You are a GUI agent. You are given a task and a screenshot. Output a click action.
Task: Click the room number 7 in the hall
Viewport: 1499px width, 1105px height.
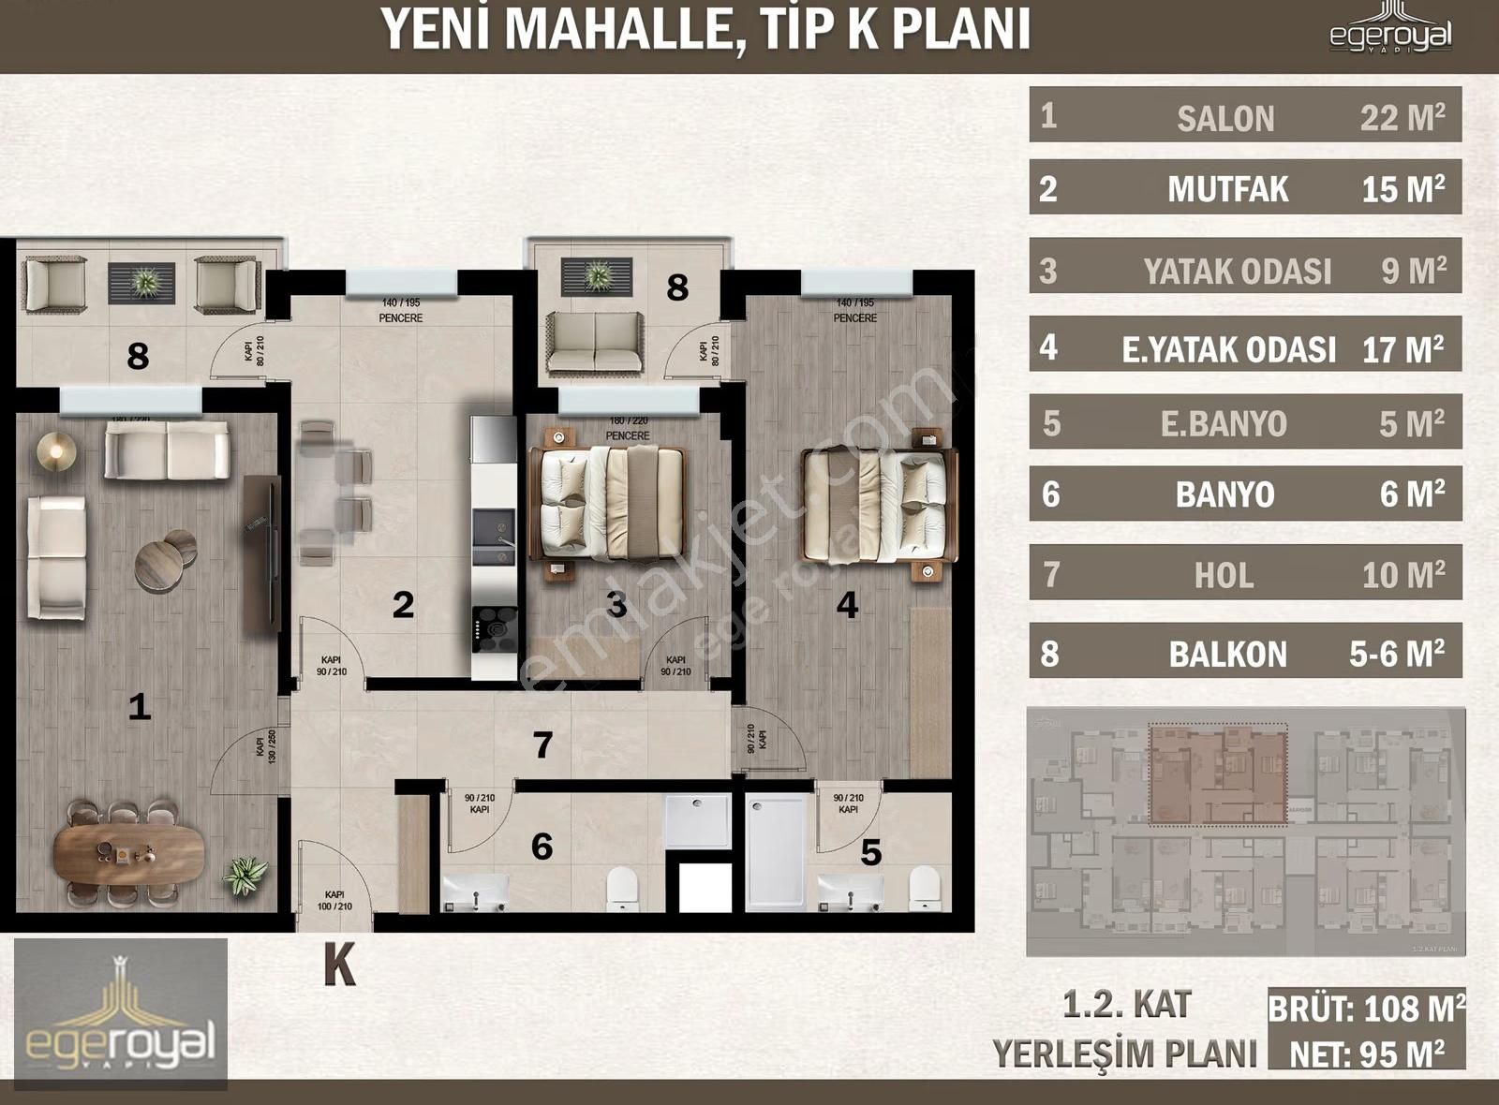pyautogui.click(x=542, y=745)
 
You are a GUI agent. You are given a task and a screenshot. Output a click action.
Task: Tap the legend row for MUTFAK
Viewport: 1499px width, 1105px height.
pyautogui.click(x=1244, y=188)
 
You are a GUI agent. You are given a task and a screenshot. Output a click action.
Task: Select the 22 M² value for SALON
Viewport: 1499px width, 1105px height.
pyautogui.click(x=1402, y=118)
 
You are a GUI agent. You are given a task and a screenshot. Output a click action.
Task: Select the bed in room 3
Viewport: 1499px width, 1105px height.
pyautogui.click(x=607, y=503)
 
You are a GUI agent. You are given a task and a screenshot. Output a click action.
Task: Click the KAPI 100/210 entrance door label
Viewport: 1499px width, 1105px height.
pyautogui.click(x=334, y=901)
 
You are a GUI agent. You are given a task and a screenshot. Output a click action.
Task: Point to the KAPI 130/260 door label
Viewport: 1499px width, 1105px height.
pyautogui.click(x=265, y=746)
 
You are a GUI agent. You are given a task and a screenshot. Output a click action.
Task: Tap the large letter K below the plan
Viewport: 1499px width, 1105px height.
pyautogui.click(x=339, y=965)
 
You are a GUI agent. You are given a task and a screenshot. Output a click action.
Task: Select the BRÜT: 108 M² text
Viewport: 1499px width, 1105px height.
pyautogui.click(x=1366, y=1009)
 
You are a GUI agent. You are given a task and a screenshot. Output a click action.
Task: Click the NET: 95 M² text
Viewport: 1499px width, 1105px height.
pyautogui.click(x=1366, y=1054)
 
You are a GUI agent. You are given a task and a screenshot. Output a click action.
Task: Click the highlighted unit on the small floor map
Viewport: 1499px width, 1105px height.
pyautogui.click(x=1218, y=773)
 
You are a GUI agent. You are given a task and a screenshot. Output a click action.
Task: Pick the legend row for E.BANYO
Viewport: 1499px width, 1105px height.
pyautogui.click(x=1244, y=422)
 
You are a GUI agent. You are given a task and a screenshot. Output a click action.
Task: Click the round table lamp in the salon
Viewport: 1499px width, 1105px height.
pyautogui.click(x=55, y=451)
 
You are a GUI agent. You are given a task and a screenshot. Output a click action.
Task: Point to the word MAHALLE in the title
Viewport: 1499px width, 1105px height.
pyautogui.click(x=618, y=30)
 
